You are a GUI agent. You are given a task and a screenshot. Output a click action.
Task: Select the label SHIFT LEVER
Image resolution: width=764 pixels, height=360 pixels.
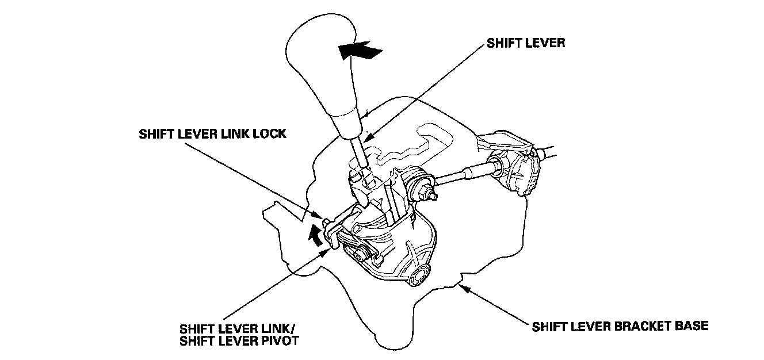coord(525,43)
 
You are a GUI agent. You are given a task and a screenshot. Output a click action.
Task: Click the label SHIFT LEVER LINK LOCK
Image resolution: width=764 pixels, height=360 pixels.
coord(212,133)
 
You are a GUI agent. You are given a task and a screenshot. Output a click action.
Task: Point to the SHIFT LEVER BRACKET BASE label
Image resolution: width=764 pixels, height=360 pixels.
coord(620,326)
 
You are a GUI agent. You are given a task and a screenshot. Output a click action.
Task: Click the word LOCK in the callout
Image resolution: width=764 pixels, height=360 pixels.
coord(271,133)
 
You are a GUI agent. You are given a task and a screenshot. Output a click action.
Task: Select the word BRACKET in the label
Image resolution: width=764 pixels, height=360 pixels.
coord(639,326)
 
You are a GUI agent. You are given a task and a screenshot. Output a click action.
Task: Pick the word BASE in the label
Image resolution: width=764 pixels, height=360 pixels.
coord(693,326)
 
